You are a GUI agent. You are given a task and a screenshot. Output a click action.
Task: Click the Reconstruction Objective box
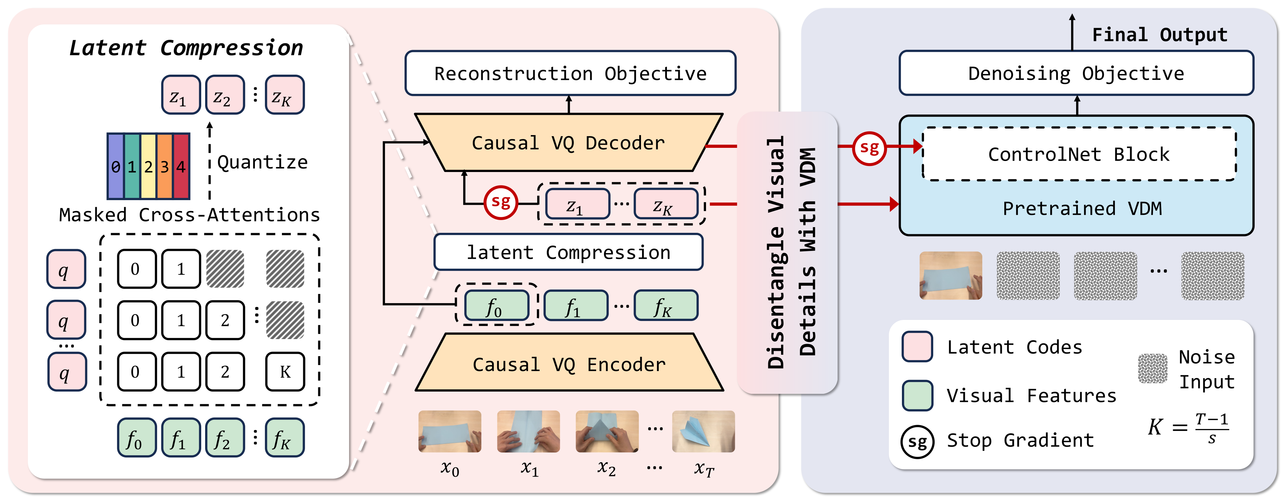[x=570, y=73]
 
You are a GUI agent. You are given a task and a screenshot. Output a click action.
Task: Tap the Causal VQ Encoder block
[x=569, y=363]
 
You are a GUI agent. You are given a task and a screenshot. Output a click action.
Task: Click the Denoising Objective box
[x=1076, y=73]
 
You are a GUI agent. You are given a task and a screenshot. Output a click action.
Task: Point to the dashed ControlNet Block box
[x=1079, y=154]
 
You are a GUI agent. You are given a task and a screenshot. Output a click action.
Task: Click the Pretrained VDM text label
[x=1082, y=209]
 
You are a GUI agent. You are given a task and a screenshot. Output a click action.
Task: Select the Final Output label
[x=1160, y=34]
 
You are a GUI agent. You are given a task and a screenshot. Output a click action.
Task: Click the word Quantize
[x=262, y=162]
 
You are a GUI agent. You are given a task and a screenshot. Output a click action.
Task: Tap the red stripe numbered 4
[x=181, y=166]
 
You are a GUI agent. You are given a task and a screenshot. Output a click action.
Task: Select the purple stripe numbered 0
[x=116, y=166]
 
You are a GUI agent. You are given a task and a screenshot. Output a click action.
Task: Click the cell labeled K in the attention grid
[x=285, y=371]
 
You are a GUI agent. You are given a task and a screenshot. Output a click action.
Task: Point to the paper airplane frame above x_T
[x=704, y=431]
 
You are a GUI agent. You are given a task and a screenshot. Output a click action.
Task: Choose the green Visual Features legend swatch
[x=917, y=395]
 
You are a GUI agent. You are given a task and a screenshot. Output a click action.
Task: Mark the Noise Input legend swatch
[x=1153, y=369]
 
